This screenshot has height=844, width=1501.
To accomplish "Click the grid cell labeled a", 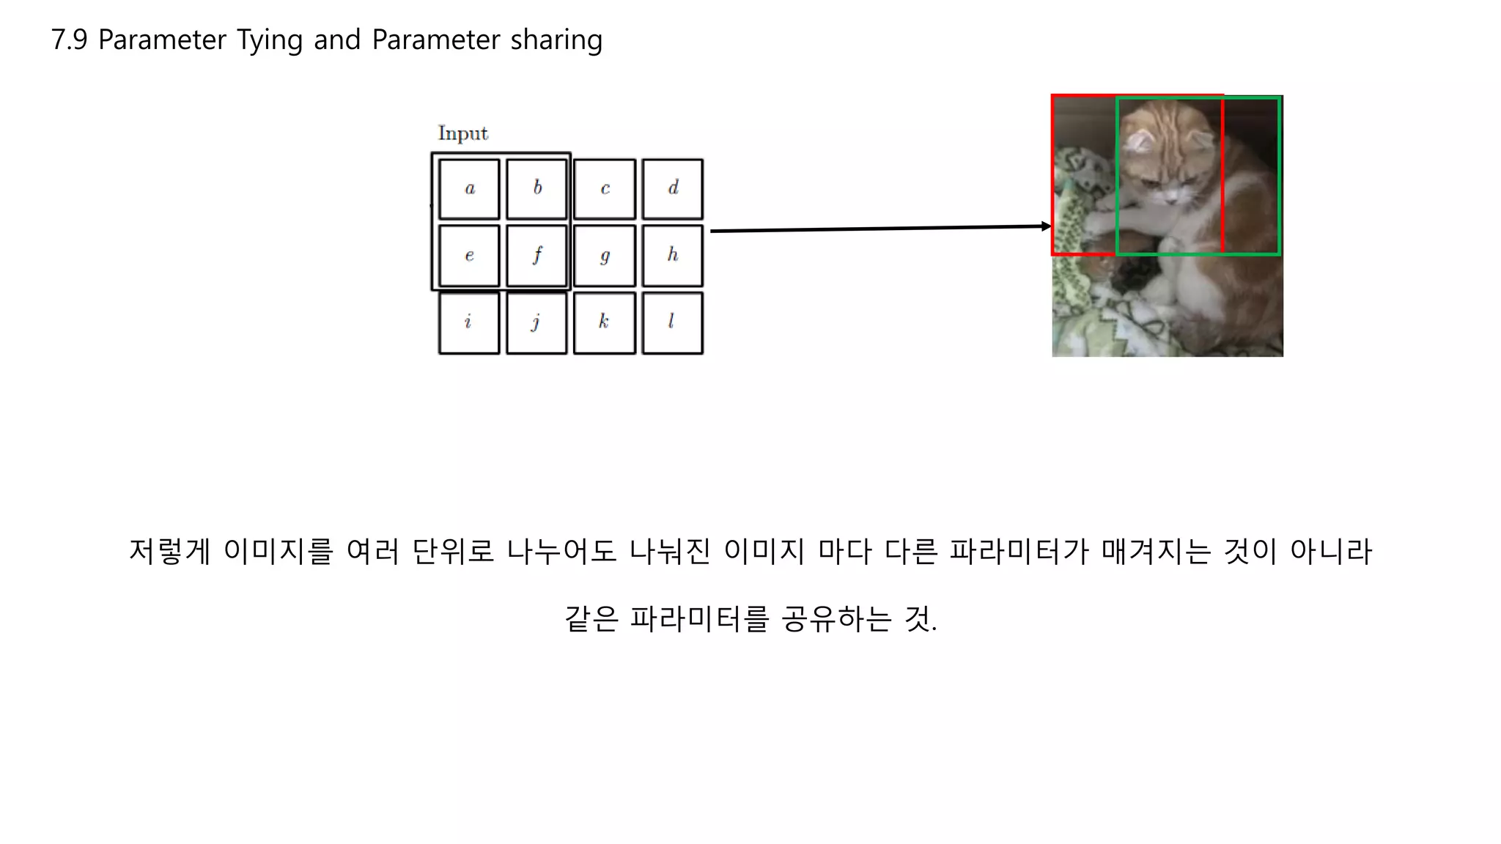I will click(x=469, y=189).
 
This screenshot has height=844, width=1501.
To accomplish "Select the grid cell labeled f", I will click(x=536, y=256).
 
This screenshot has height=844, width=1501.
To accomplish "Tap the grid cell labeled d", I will click(x=672, y=189).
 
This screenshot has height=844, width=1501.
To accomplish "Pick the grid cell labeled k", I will click(x=604, y=322).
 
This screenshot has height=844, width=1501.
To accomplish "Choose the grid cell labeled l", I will click(x=672, y=322).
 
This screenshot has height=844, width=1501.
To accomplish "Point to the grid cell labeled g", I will click(x=604, y=256).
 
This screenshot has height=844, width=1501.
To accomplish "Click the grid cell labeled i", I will click(x=469, y=322).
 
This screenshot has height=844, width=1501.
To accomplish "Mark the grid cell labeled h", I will click(x=672, y=256).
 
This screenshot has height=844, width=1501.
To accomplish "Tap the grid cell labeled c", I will click(x=604, y=189).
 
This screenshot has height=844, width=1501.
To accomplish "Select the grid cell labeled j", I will click(x=536, y=322).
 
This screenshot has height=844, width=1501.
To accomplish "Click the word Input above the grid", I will click(x=462, y=133).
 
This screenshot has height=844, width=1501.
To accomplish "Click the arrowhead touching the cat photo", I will click(x=1046, y=226).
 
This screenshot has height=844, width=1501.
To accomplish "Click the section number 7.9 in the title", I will click(x=69, y=40).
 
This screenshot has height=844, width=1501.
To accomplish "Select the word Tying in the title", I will click(x=269, y=40).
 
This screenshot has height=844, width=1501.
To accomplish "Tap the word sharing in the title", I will click(x=556, y=40).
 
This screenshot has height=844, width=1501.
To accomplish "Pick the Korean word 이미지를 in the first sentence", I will click(x=279, y=551).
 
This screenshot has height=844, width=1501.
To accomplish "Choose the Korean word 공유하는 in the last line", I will click(x=836, y=619).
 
